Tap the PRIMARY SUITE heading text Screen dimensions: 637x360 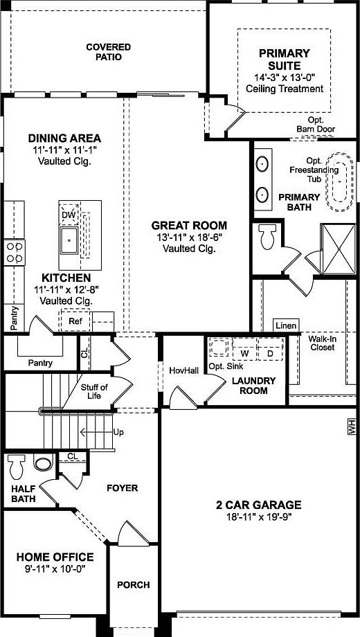[x=284, y=58]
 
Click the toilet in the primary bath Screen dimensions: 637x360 [x=267, y=237]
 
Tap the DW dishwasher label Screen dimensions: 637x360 [x=67, y=215]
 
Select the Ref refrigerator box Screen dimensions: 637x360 [x=75, y=321]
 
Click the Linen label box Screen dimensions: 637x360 [x=285, y=325]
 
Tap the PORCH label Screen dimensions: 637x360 [x=133, y=585]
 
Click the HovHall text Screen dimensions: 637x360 [x=184, y=370]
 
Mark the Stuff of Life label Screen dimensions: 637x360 [x=94, y=392]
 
